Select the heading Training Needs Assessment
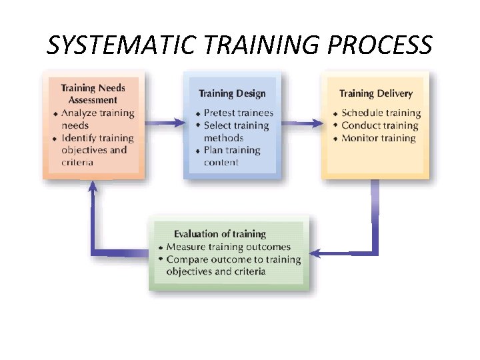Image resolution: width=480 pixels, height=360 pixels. click(x=93, y=94)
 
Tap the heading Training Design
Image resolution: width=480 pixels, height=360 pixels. click(x=232, y=94)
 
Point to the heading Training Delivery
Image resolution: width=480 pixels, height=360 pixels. click(x=375, y=94)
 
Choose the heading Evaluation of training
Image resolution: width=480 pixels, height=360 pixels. click(x=219, y=234)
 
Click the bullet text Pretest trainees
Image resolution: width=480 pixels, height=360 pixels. click(x=238, y=113)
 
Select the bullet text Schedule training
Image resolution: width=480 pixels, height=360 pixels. click(x=381, y=113)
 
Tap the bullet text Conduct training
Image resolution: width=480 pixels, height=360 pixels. click(x=379, y=125)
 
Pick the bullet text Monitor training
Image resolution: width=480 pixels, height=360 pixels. click(x=378, y=138)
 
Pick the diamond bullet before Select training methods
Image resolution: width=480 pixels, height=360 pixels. click(x=198, y=125)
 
